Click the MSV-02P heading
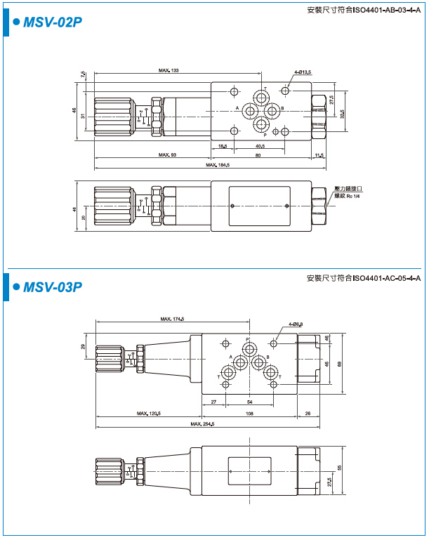click(53, 22)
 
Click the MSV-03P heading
click(53, 287)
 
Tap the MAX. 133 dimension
click(169, 71)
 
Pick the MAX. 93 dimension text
click(167, 154)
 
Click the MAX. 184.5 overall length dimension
click(218, 165)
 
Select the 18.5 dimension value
click(223, 146)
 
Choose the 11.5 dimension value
click(319, 154)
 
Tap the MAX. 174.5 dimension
click(171, 320)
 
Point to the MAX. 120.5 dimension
click(149, 414)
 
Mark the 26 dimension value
click(308, 414)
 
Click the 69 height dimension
click(341, 363)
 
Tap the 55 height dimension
click(341, 467)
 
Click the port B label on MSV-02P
click(282, 108)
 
